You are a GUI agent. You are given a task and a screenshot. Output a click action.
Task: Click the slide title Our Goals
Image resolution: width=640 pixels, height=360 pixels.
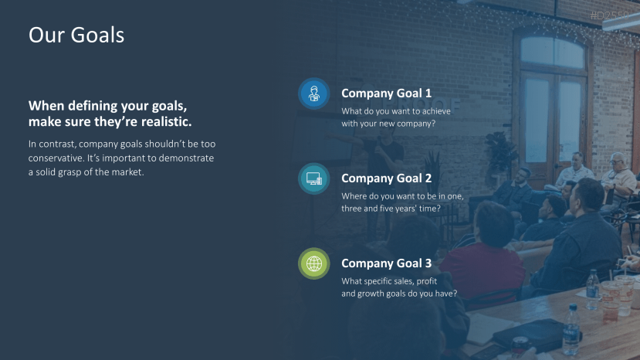(76, 35)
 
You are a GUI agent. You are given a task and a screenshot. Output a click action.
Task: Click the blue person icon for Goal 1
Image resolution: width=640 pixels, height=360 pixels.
(313, 93)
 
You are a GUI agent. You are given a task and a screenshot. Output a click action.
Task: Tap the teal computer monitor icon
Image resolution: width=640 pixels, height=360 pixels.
(313, 178)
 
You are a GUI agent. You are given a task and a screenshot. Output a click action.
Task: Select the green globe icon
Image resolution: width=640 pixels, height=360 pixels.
(313, 263)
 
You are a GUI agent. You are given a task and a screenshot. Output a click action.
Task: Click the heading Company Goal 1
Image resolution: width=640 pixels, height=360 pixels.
(386, 93)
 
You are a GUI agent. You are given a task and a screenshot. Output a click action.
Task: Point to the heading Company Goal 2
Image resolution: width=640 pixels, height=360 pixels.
(386, 178)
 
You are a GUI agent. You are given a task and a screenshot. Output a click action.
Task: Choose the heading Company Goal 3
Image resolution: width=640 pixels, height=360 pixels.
(386, 263)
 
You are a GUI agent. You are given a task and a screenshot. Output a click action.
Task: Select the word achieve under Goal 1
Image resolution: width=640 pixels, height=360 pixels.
(436, 111)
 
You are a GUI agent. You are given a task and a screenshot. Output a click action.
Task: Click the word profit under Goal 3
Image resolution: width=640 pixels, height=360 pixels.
(426, 281)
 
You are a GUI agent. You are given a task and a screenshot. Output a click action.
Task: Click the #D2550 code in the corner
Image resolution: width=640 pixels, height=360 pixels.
(609, 15)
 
